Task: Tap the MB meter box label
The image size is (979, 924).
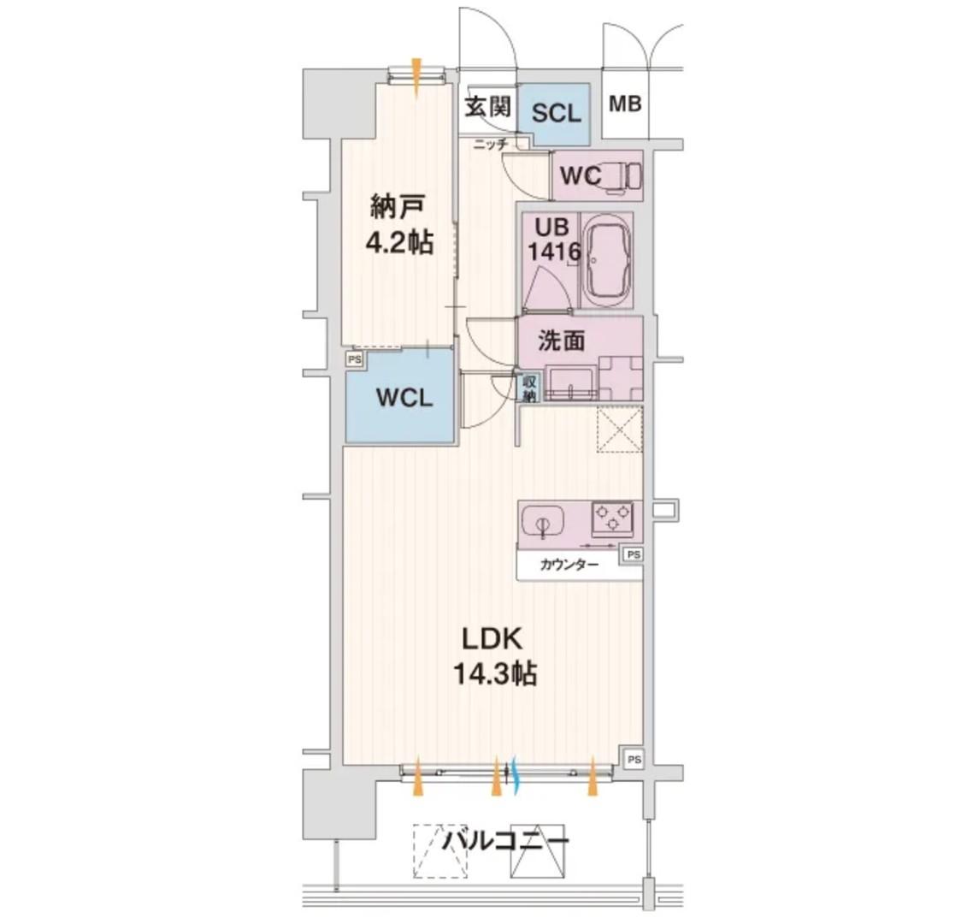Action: (x=625, y=104)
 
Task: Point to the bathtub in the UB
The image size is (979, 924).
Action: (x=605, y=260)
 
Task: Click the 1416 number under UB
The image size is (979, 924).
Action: (x=554, y=252)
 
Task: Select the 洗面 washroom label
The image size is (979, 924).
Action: (x=561, y=341)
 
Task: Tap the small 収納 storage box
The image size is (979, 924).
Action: (x=529, y=388)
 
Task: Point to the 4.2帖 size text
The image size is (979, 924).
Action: (x=399, y=242)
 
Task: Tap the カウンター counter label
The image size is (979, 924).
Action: (x=569, y=566)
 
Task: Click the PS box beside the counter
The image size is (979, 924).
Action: (x=633, y=554)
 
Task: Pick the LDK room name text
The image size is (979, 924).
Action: (x=492, y=638)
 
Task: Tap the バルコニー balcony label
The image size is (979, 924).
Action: (x=505, y=840)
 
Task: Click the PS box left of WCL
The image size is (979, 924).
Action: (x=355, y=359)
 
